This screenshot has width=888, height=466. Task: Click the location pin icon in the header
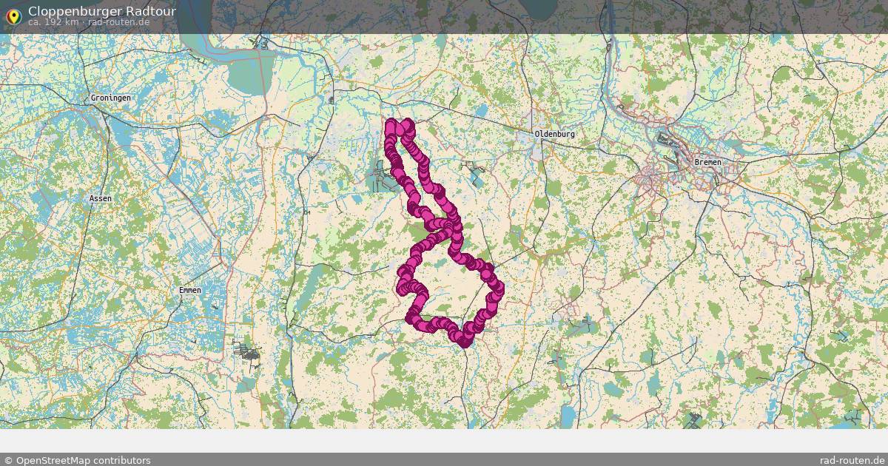pyautogui.click(x=13, y=14)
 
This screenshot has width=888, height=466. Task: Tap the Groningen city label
pyautogui.click(x=110, y=98)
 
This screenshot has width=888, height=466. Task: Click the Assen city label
pyautogui.click(x=100, y=198)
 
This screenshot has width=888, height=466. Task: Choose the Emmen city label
pyautogui.click(x=189, y=290)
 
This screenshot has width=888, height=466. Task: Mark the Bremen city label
pyautogui.click(x=707, y=162)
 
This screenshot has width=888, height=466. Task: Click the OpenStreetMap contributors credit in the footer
pyautogui.click(x=82, y=460)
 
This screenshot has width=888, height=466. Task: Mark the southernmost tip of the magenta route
pyautogui.click(x=464, y=342)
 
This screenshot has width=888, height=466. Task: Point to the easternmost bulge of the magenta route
pyautogui.click(x=499, y=288)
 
